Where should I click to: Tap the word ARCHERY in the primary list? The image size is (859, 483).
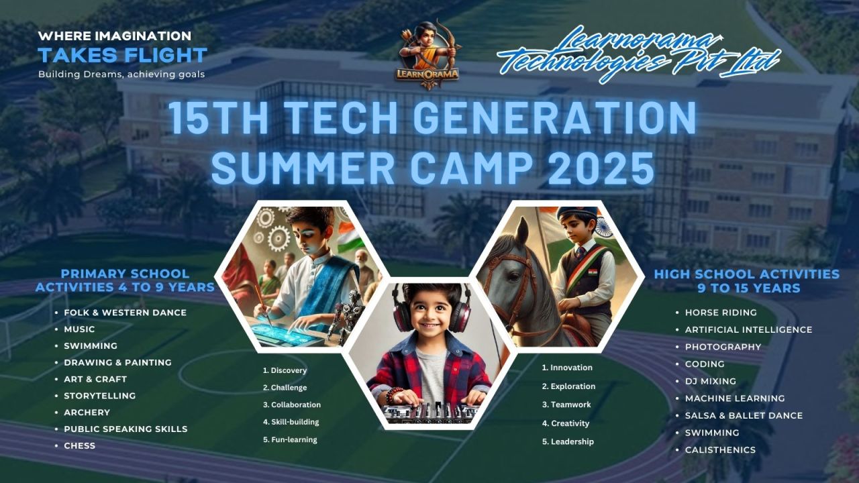coord(87,413)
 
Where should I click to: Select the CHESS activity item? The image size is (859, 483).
coord(79,445)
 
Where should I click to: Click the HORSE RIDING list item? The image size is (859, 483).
coord(720,313)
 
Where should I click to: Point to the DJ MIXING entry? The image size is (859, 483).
coord(710,381)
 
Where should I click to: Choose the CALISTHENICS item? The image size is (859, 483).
coord(720,450)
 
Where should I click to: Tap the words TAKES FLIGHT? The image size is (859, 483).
coord(122,55)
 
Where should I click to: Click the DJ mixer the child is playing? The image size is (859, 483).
coord(429,411)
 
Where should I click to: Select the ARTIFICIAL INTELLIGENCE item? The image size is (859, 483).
coord(748,330)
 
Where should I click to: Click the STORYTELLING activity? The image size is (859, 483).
coord(99,396)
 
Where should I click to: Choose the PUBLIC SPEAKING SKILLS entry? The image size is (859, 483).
coord(125,429)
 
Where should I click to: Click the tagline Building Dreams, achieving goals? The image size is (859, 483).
coord(121,74)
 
